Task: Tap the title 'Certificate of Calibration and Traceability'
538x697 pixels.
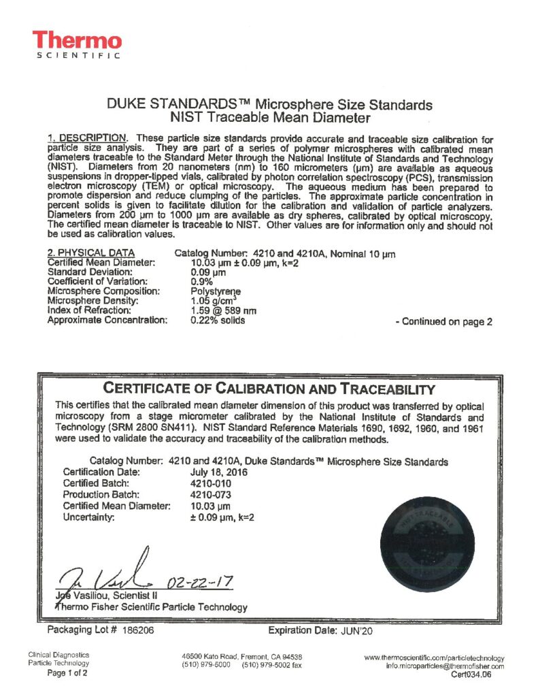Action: (x=269, y=389)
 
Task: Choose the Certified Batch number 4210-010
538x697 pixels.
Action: (x=207, y=483)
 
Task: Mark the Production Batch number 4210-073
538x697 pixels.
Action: (x=207, y=494)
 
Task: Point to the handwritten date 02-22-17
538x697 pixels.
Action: (x=199, y=582)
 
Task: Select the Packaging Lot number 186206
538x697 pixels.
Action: (x=139, y=630)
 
